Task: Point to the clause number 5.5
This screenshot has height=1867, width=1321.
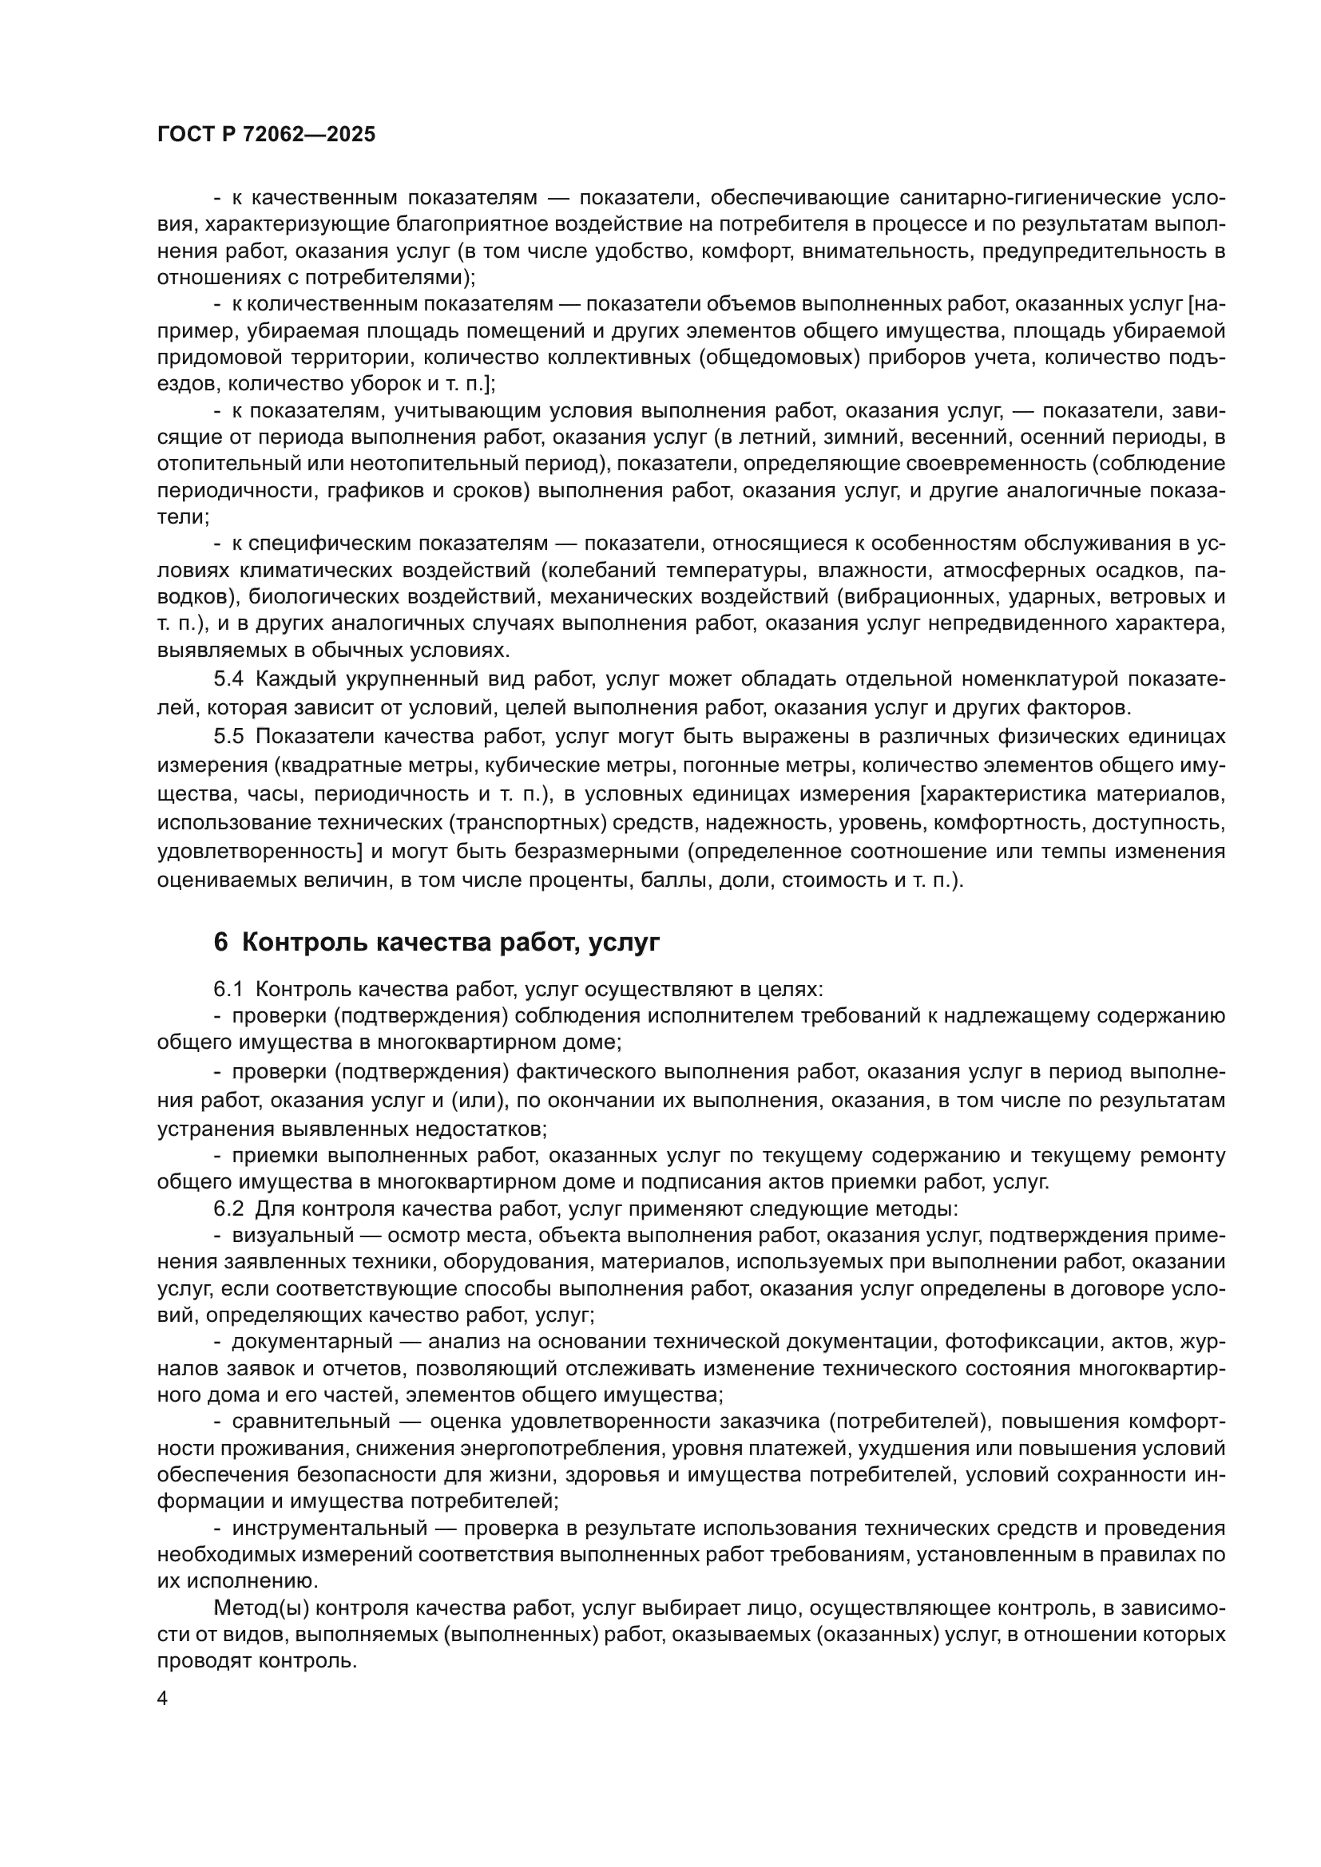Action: tap(228, 737)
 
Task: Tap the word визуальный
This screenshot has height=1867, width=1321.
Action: tap(293, 1235)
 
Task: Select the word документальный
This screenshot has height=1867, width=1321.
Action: tap(313, 1341)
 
